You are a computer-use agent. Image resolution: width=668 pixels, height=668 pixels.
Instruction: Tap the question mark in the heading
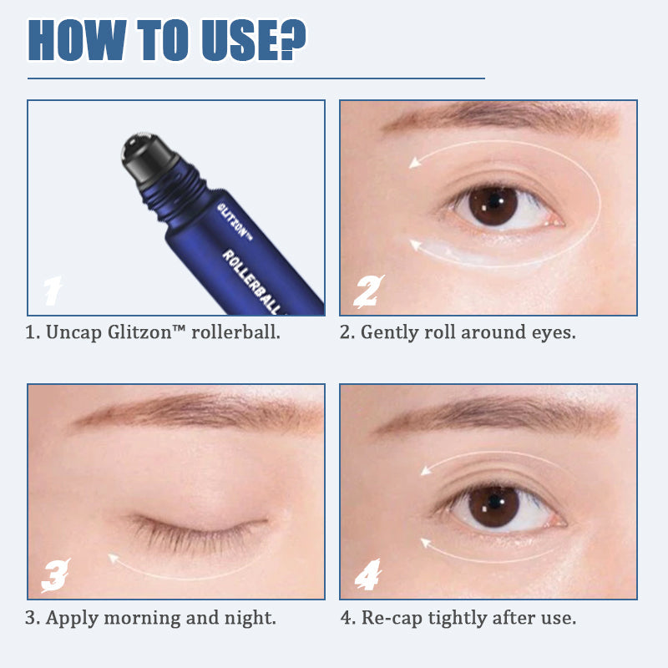(x=290, y=38)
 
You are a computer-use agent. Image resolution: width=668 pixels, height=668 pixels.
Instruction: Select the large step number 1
(x=52, y=291)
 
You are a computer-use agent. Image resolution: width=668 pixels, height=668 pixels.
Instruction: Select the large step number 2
(x=366, y=291)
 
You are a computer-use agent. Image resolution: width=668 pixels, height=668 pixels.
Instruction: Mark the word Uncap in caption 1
(x=73, y=332)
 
